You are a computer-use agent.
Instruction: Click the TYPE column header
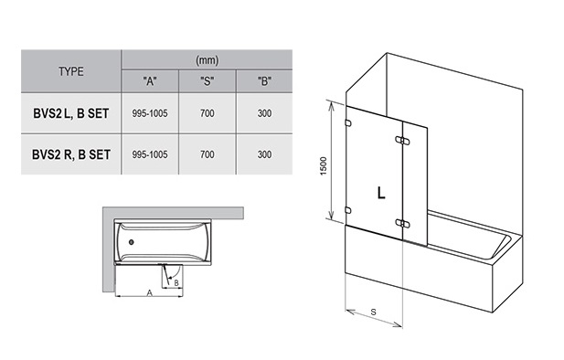(x=71, y=71)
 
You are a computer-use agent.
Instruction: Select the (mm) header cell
(x=208, y=60)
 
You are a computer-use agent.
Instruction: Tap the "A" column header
(x=150, y=81)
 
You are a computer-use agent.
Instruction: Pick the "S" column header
(x=208, y=81)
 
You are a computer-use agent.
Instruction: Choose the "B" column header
(x=264, y=81)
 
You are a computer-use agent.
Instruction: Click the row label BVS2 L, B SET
(x=71, y=113)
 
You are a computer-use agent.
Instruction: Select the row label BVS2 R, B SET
(x=71, y=154)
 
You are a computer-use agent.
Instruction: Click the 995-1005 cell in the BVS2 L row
(x=150, y=113)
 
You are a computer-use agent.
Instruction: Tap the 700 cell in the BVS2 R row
(x=208, y=154)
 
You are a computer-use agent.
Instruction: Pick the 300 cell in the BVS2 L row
(x=264, y=113)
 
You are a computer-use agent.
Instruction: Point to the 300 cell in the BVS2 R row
(x=264, y=154)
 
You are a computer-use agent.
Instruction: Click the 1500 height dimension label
(x=324, y=165)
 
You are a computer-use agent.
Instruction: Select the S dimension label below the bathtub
(x=373, y=312)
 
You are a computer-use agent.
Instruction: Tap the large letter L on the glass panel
(x=381, y=193)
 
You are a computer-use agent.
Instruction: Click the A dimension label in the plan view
(x=150, y=293)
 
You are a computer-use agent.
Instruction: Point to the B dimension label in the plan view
(x=176, y=283)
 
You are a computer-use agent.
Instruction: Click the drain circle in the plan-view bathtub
(x=132, y=242)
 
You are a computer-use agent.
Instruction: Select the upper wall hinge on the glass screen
(x=348, y=123)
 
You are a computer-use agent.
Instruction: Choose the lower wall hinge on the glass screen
(x=348, y=210)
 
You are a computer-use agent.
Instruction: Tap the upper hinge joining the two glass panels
(x=402, y=141)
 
